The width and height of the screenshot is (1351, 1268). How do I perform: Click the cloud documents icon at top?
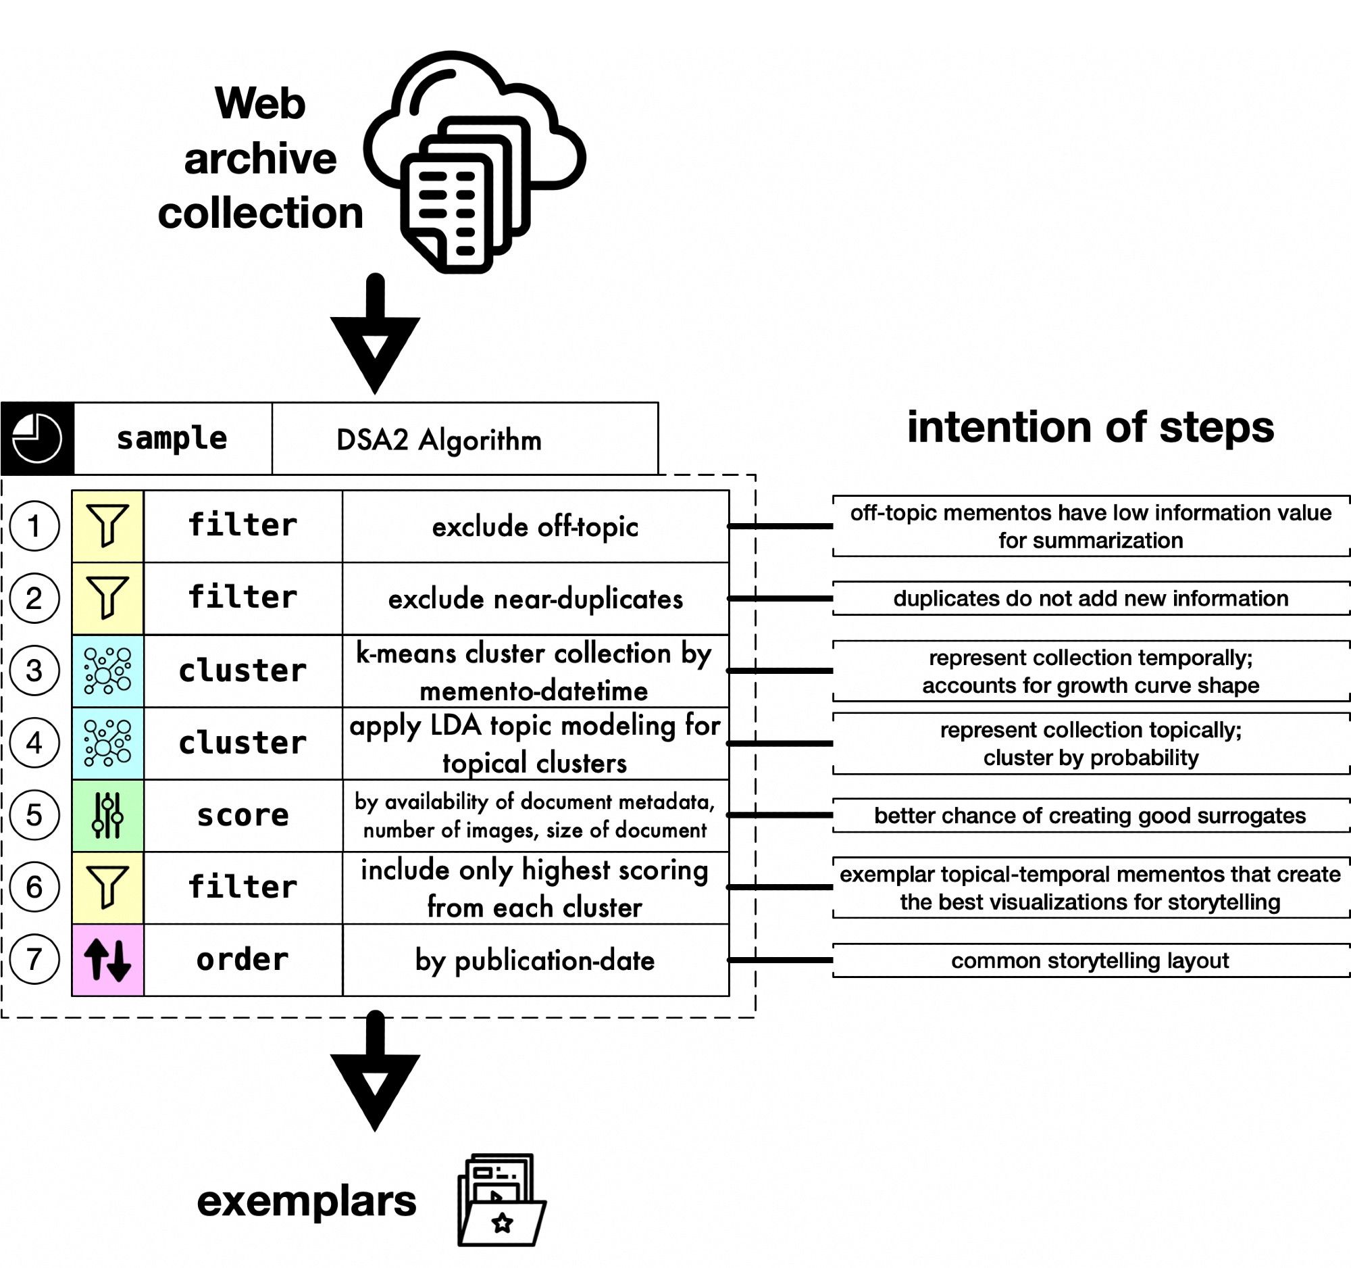[x=474, y=162]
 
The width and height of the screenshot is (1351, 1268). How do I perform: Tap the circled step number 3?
[x=34, y=670]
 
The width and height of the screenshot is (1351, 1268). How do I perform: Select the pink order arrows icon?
[x=107, y=959]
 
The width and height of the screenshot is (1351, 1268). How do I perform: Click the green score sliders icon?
[x=107, y=814]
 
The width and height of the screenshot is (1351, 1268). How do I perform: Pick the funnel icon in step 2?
[x=107, y=598]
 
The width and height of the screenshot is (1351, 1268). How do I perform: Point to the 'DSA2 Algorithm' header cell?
[x=439, y=439]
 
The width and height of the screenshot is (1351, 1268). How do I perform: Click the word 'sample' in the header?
[x=172, y=439]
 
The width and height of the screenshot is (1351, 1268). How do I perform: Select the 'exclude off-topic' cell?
[x=535, y=527]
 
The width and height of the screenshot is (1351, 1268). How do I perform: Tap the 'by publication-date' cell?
[x=535, y=960]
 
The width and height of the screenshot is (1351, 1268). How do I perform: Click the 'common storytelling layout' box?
[x=1090, y=960]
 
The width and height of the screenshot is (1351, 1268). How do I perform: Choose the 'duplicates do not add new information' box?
[x=1090, y=598]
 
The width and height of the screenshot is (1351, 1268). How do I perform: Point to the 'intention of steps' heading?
[x=1090, y=427]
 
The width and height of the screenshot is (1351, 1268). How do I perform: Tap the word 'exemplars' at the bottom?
[x=307, y=1201]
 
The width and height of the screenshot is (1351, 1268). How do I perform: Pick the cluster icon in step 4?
[x=107, y=742]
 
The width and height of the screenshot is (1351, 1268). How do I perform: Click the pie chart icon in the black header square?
[x=36, y=439]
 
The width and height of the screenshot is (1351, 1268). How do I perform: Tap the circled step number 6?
[x=34, y=887]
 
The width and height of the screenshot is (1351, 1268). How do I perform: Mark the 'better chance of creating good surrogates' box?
[x=1090, y=815]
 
